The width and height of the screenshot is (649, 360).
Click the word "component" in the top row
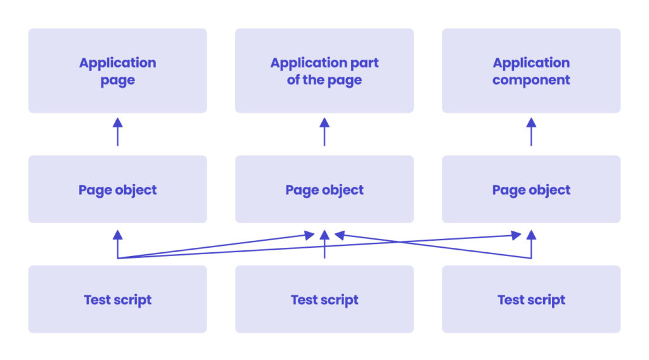point(531,80)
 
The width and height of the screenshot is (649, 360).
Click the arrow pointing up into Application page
point(117,131)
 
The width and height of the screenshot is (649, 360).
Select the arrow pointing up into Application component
point(531,131)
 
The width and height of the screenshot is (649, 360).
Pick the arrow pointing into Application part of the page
point(324,131)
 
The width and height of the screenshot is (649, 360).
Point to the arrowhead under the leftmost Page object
point(117,235)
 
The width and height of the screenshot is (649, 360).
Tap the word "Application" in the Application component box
point(531,63)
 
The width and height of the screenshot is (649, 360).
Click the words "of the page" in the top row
point(324,80)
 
